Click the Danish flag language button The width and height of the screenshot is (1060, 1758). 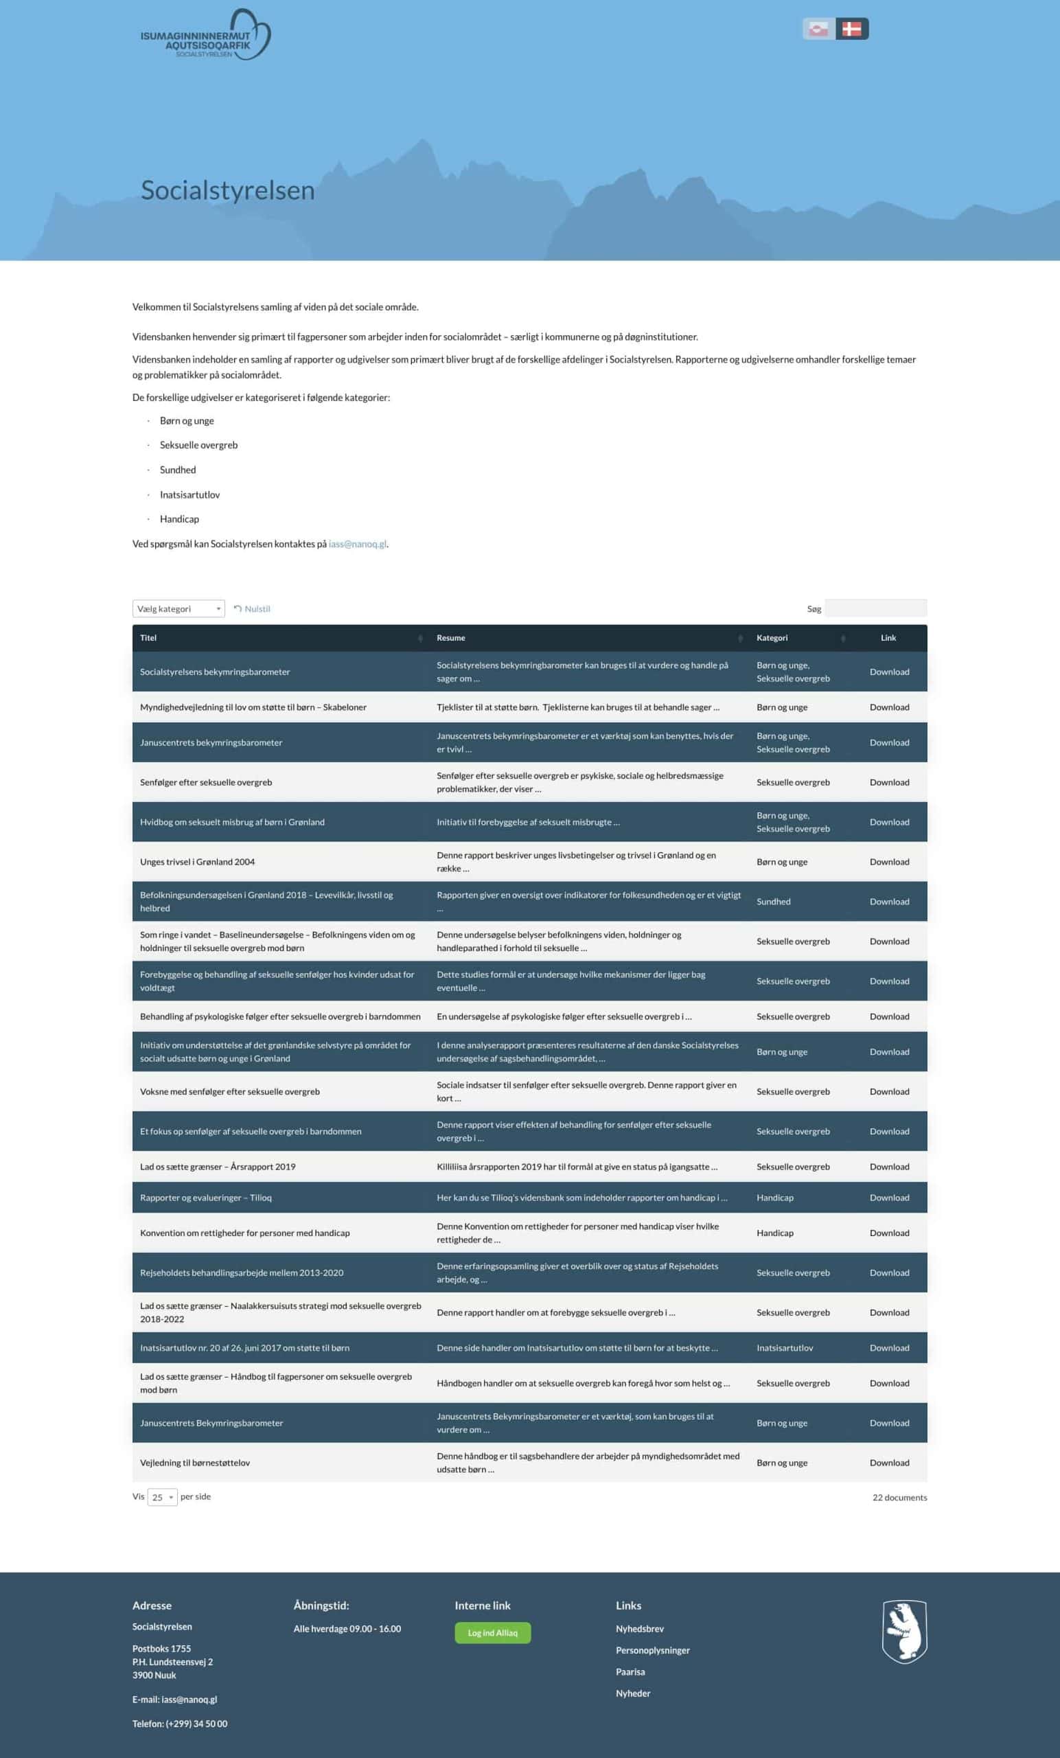(x=852, y=30)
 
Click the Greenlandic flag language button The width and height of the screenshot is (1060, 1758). (x=818, y=30)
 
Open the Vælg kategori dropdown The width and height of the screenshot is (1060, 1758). (x=178, y=608)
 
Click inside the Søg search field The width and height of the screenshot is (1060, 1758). (x=875, y=608)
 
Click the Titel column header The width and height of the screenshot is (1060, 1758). (x=148, y=638)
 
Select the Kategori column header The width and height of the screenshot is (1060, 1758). (x=772, y=638)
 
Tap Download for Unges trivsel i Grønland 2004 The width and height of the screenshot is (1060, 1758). (x=889, y=862)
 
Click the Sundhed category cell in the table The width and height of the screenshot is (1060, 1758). (x=773, y=902)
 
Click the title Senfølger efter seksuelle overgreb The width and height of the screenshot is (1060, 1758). (x=206, y=783)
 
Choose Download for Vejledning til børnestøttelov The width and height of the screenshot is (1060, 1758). (x=889, y=1463)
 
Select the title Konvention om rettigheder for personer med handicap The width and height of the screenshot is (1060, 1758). (x=244, y=1233)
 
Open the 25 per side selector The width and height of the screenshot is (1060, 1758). (x=162, y=1498)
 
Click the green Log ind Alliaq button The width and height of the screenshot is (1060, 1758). (x=492, y=1633)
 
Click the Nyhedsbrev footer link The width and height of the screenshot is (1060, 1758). (x=640, y=1629)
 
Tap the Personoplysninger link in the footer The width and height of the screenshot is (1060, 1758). (x=653, y=1650)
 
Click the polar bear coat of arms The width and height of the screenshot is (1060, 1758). (x=903, y=1631)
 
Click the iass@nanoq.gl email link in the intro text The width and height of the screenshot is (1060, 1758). (x=358, y=544)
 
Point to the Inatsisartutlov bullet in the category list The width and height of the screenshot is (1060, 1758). (x=189, y=494)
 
